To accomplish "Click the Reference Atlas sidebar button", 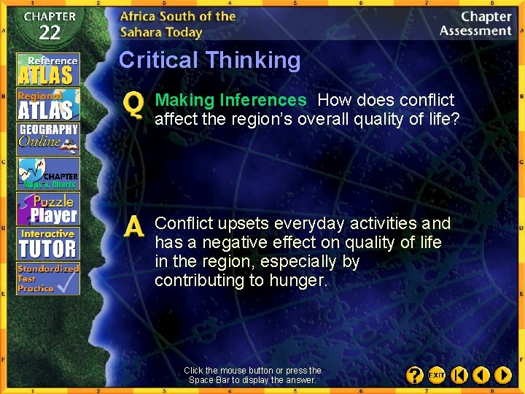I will tap(48, 69).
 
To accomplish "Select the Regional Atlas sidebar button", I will tap(48, 104).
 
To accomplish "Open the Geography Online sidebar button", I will tap(48, 139).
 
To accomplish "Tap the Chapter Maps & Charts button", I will tap(48, 174).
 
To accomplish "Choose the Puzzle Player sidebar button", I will tap(48, 209).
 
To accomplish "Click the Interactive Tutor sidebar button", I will tap(48, 244).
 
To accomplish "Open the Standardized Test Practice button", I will tap(48, 279).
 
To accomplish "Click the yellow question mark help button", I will tap(413, 375).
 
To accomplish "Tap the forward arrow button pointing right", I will tap(503, 375).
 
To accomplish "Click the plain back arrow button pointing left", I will tap(481, 375).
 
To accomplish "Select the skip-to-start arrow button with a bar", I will tap(459, 375).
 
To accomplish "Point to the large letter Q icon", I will tap(133, 107).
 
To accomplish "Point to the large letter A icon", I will tap(134, 227).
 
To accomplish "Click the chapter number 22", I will tap(49, 32).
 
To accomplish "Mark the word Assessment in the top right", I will tap(475, 31).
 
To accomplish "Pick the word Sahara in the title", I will tap(144, 31).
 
